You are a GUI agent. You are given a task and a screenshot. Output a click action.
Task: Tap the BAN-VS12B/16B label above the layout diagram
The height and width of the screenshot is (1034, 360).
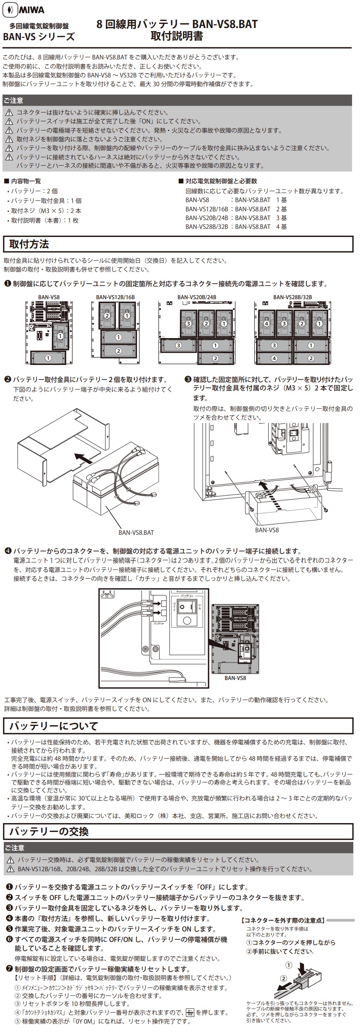(115, 298)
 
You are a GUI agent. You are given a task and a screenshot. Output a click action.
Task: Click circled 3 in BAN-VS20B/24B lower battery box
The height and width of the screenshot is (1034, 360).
(178, 345)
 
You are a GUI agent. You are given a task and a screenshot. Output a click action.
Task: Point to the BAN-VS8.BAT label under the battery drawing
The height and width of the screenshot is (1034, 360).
(136, 533)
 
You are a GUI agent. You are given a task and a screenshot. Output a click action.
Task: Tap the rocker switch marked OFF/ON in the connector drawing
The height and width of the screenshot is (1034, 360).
(187, 606)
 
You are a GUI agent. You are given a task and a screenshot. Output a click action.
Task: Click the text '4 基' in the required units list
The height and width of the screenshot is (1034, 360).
(281, 227)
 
